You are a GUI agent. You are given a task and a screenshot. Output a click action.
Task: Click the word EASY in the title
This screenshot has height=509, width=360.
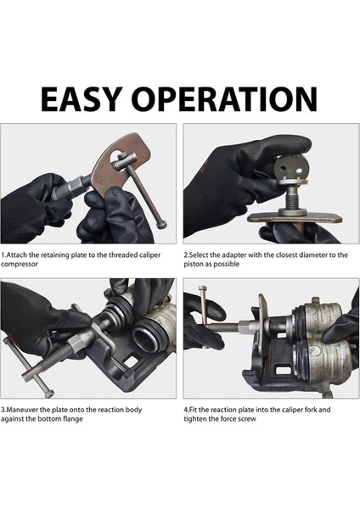tap(82, 98)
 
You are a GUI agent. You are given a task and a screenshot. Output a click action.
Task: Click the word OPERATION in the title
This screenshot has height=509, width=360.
tap(226, 98)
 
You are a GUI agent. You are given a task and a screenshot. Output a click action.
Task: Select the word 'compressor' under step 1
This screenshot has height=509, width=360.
tap(20, 264)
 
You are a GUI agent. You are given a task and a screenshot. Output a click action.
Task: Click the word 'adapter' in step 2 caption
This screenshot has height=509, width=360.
tap(234, 255)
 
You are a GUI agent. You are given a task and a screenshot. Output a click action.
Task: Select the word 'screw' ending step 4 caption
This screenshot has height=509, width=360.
tap(247, 419)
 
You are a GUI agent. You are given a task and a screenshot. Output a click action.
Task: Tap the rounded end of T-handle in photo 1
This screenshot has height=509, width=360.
tap(161, 224)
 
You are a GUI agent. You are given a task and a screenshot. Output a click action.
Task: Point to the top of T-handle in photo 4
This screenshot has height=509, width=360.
tap(204, 288)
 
